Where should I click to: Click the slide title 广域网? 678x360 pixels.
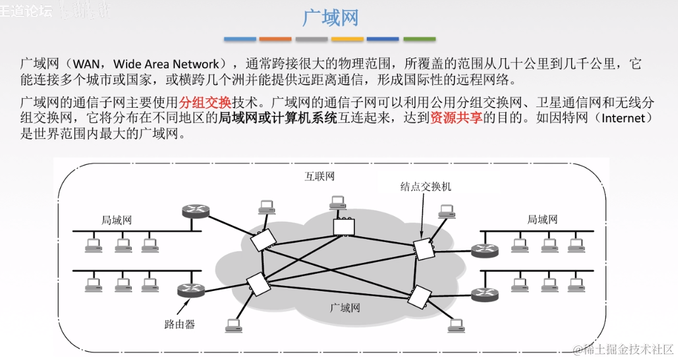[330, 17]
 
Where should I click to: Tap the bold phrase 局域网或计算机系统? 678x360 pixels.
[278, 118]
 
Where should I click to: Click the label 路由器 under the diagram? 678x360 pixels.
[180, 325]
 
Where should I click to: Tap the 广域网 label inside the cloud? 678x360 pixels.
[345, 308]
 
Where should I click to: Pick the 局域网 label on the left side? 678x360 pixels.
[117, 220]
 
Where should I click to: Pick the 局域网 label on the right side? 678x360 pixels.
[542, 219]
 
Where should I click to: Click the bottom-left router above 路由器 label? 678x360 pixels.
[189, 290]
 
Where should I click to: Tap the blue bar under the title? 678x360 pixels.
[240, 39]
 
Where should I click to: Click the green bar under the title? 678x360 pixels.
[419, 39]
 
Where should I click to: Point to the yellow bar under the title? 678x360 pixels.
[348, 39]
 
